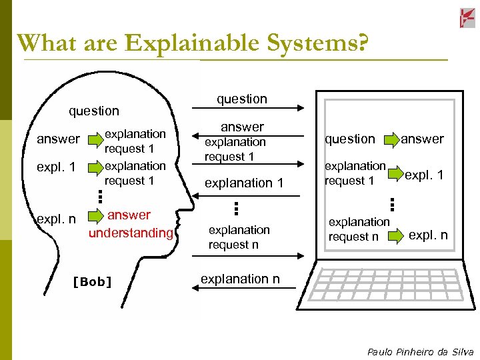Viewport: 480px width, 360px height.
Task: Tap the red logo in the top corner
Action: pos(467,18)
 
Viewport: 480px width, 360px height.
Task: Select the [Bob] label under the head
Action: pos(92,282)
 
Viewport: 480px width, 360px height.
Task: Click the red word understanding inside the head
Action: pos(131,233)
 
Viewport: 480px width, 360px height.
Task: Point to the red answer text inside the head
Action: pos(129,215)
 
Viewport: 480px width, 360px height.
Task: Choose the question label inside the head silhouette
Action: pos(94,111)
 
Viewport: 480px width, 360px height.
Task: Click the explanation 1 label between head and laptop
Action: pos(243,183)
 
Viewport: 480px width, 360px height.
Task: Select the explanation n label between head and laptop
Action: pos(240,279)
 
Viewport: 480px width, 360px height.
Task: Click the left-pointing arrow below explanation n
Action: pos(243,288)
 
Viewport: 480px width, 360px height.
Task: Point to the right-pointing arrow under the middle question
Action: pos(247,108)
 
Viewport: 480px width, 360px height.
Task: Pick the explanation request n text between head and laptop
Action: pos(239,237)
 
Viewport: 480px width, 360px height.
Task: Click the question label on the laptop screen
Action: pos(349,139)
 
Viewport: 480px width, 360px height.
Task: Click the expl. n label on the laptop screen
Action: pos(428,235)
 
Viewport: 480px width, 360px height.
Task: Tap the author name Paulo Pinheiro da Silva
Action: pos(420,352)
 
